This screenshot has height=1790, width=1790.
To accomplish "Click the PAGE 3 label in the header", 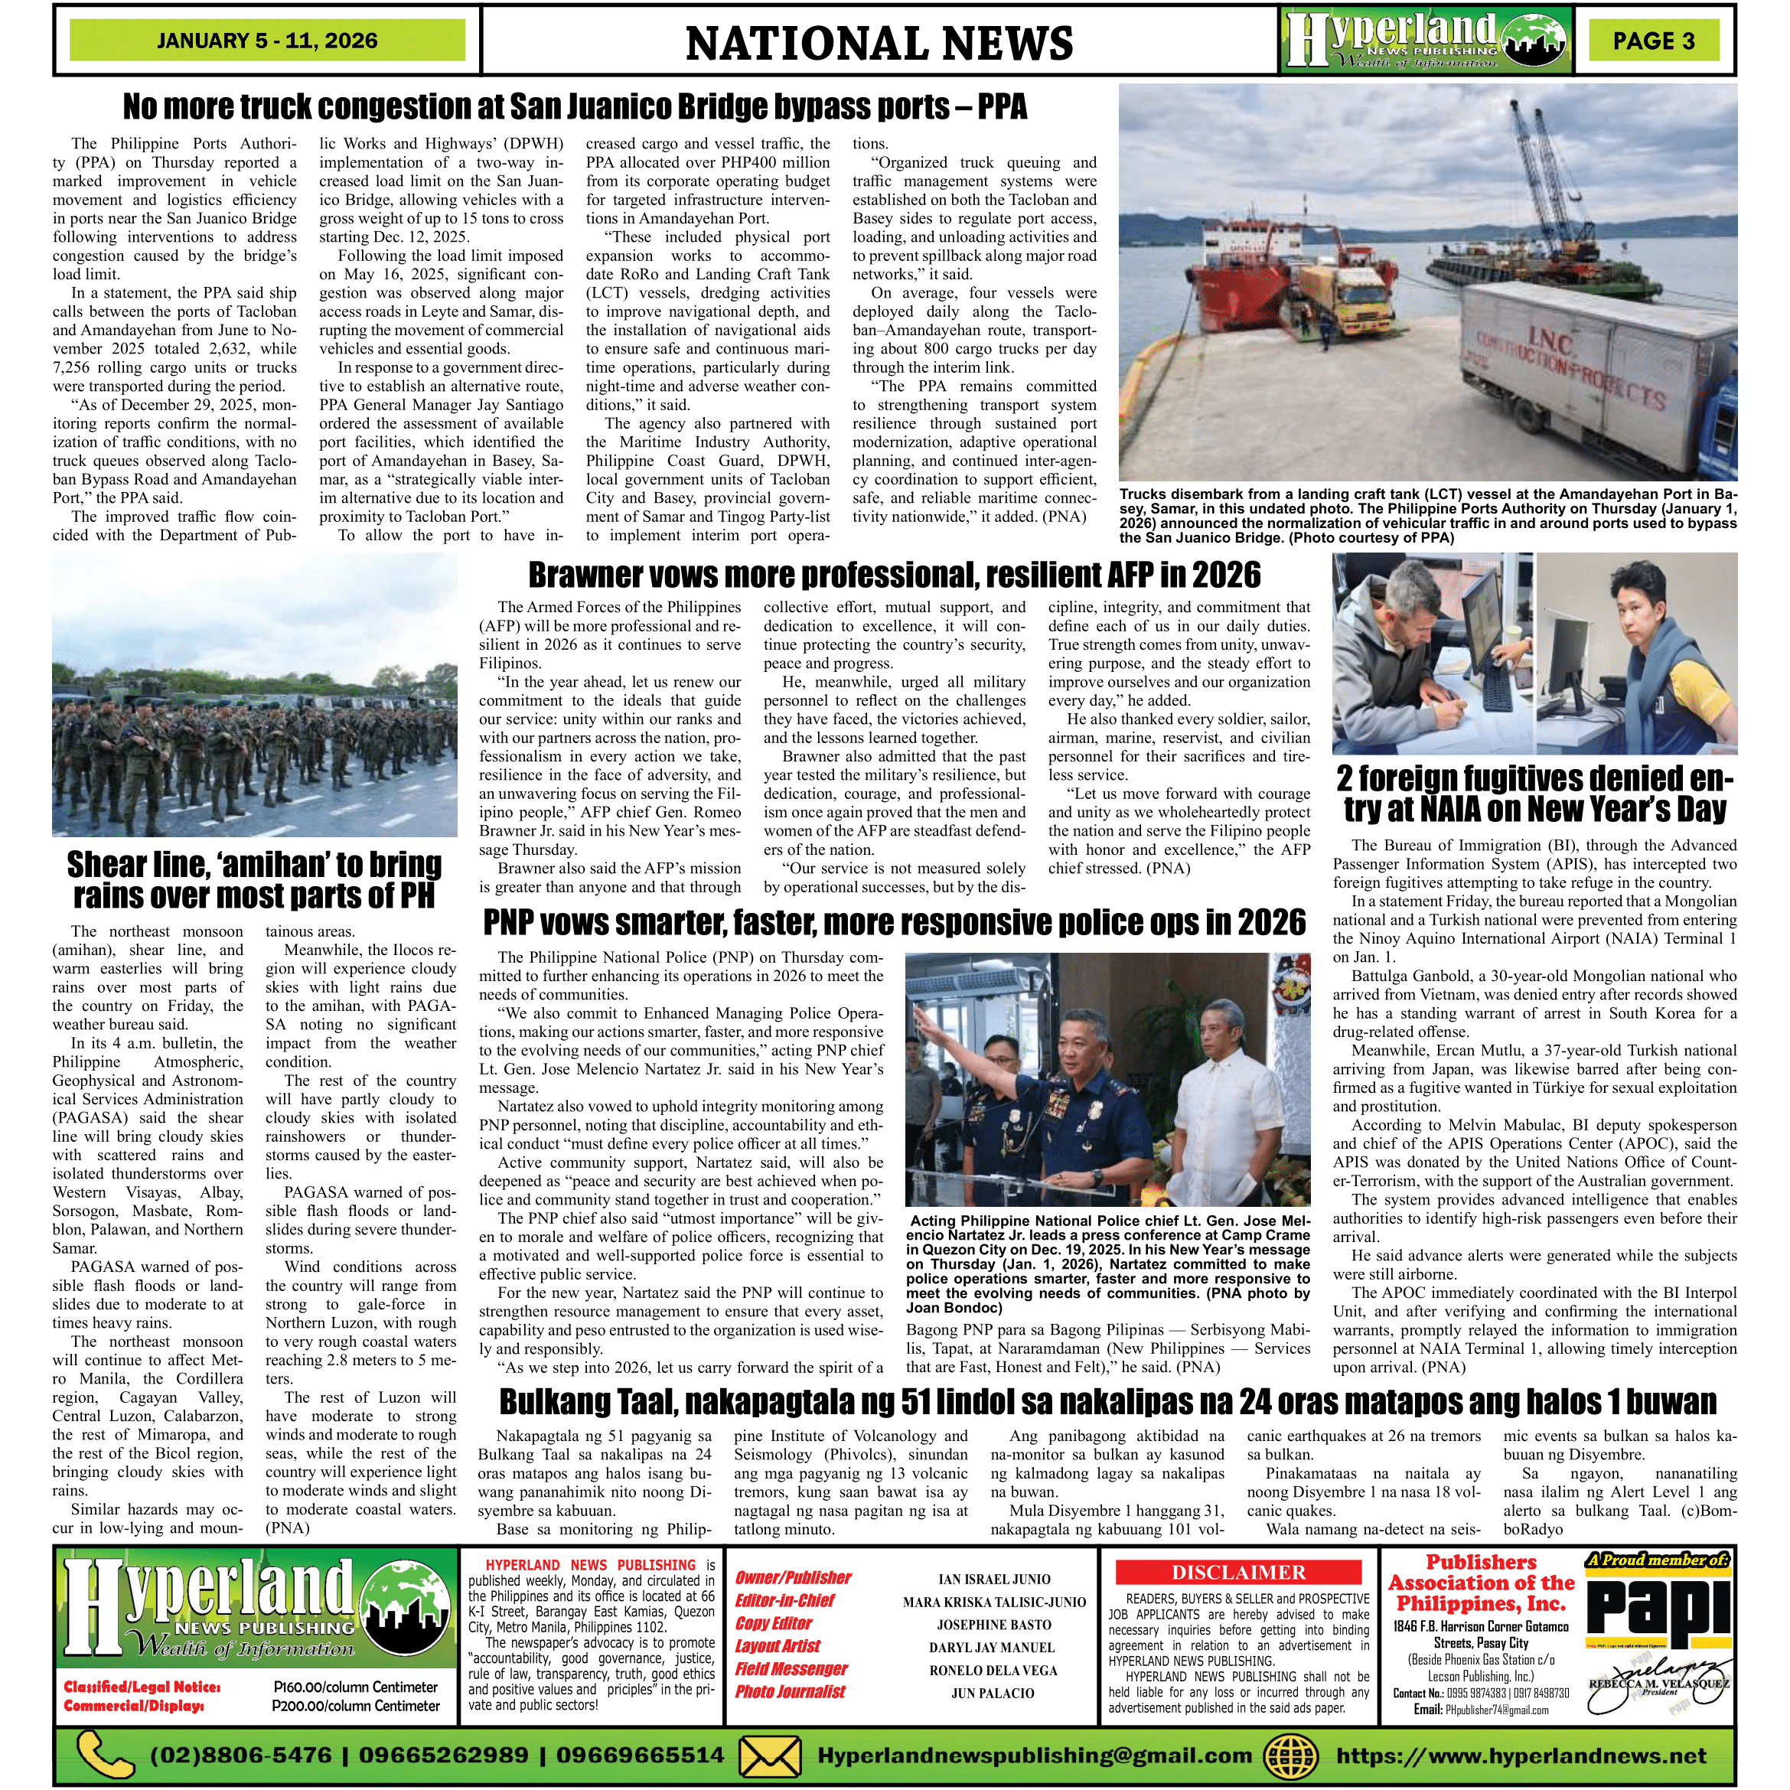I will click(x=1654, y=41).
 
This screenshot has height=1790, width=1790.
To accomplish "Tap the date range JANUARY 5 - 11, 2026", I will click(x=267, y=41).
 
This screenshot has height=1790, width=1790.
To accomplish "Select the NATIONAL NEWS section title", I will click(x=879, y=44).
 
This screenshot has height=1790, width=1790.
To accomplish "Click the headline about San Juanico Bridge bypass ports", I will click(x=575, y=106).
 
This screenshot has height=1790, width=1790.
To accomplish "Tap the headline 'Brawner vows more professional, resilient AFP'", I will click(x=894, y=575).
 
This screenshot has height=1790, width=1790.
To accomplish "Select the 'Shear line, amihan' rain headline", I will click(x=254, y=880).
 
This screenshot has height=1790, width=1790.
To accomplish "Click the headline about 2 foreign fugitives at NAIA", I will click(x=1534, y=793).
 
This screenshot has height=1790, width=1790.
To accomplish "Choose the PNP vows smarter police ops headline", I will click(x=894, y=923).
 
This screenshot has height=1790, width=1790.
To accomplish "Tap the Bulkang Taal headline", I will click(x=1107, y=1402).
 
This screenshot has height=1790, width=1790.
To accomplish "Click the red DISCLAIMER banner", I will click(x=1239, y=1572).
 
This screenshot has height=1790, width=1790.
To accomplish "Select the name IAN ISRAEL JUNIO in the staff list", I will click(x=994, y=1580).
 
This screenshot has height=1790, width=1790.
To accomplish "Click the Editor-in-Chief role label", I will click(x=784, y=1601).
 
